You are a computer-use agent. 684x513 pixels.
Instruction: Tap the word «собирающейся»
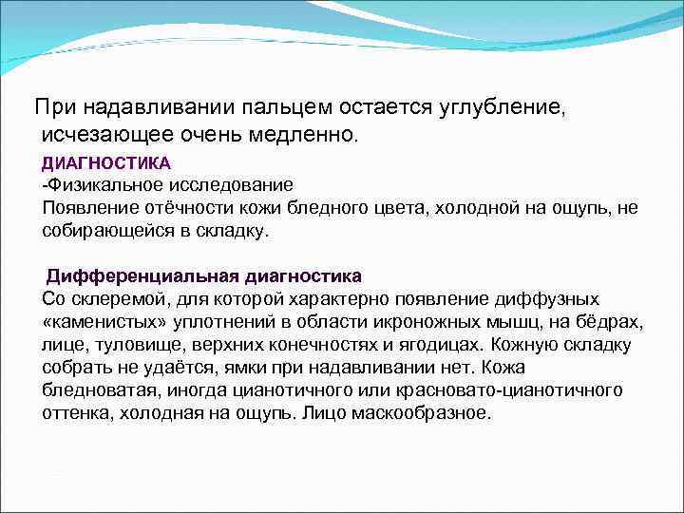click(x=103, y=231)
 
